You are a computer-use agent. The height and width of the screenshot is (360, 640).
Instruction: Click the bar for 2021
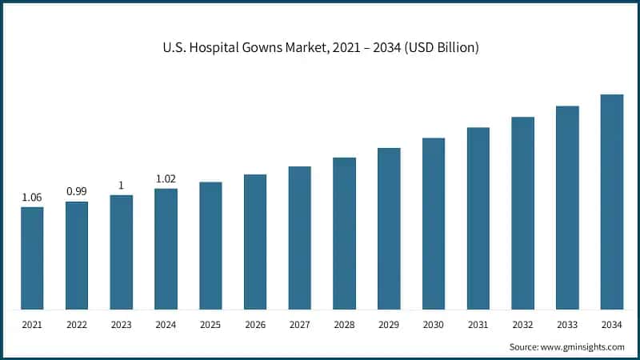[x=32, y=258]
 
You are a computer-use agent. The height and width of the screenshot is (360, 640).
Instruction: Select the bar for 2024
[x=166, y=249]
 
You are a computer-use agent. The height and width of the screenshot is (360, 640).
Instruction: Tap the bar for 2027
[x=299, y=238]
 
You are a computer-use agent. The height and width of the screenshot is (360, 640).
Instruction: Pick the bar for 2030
[x=434, y=223]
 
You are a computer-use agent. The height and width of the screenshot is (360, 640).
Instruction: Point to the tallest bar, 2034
[x=612, y=202]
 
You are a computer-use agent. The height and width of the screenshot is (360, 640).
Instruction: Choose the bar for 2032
[x=522, y=213]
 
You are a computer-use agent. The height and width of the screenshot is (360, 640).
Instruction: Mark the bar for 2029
[x=389, y=228]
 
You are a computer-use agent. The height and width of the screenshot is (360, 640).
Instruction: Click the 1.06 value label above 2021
[x=32, y=197]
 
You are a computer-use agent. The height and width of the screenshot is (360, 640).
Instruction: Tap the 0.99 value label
[x=77, y=191]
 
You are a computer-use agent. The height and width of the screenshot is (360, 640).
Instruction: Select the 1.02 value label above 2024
[x=166, y=178]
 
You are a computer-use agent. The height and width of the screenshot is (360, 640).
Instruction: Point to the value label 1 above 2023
[x=121, y=186]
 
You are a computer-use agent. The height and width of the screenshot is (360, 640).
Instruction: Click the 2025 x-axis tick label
[x=210, y=326]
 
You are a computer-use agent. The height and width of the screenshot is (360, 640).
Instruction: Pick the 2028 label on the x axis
[x=344, y=326]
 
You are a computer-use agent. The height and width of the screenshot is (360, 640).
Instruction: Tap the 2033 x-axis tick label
[x=567, y=326]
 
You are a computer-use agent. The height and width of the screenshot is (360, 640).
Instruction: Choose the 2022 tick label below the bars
[x=77, y=326]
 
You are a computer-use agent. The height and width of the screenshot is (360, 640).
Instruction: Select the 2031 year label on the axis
[x=478, y=326]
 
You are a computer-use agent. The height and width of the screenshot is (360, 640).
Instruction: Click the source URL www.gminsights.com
[x=582, y=347]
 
